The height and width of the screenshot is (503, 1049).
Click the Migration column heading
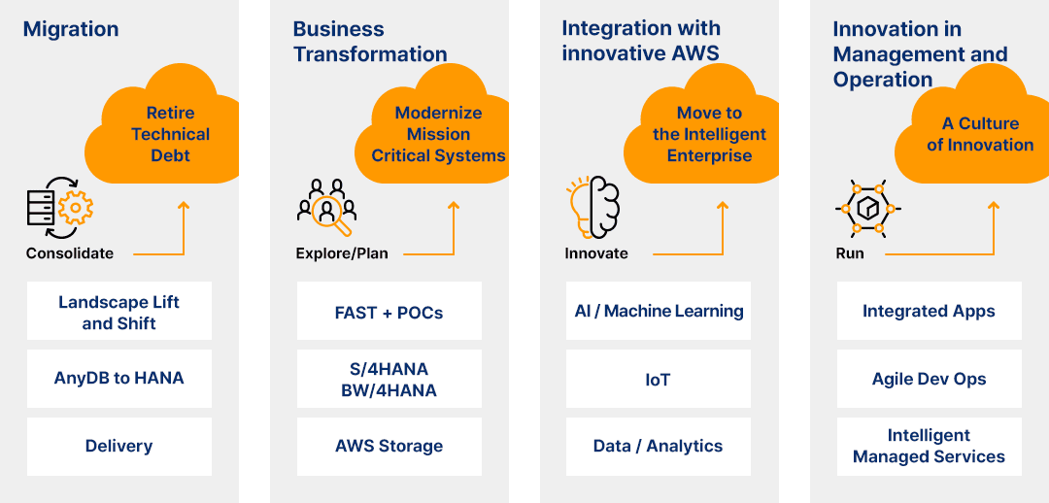71,29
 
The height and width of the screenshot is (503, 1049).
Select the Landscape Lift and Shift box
118,312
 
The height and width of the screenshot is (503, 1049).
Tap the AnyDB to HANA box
118,378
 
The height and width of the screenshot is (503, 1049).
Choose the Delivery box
118,446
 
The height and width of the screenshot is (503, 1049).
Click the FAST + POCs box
389,312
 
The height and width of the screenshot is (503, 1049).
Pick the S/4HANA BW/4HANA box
389,379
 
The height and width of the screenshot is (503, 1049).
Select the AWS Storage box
389,446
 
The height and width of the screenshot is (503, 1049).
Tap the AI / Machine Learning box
659,311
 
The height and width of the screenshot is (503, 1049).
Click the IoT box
659,379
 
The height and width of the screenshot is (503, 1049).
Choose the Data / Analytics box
659,446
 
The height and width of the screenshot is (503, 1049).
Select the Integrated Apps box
929,311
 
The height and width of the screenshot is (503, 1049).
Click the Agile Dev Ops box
929,379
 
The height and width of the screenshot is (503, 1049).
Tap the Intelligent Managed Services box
929,446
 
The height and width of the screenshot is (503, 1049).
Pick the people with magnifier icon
326,207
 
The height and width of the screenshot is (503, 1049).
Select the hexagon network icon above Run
867,207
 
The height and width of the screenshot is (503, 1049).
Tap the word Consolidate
70,253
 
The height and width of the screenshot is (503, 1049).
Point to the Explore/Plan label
342,253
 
